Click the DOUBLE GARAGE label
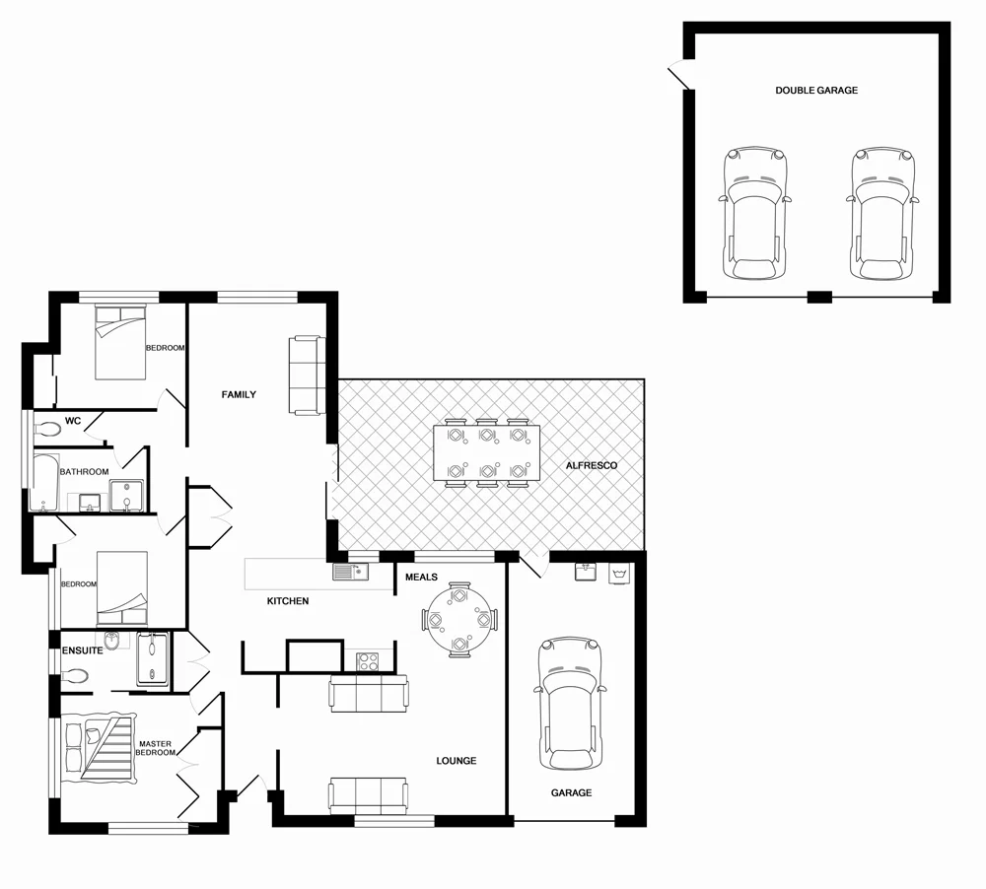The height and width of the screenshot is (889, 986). pyautogui.click(x=815, y=91)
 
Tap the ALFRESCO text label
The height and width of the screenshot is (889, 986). pyautogui.click(x=591, y=465)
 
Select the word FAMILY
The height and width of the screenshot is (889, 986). pyautogui.click(x=239, y=395)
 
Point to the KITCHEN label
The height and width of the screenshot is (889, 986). pyautogui.click(x=288, y=601)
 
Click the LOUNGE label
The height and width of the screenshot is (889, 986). pyautogui.click(x=457, y=761)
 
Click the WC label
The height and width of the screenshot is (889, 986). pyautogui.click(x=72, y=421)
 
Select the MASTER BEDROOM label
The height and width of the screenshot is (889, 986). pyautogui.click(x=156, y=748)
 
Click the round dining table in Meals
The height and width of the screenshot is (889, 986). pyautogui.click(x=459, y=620)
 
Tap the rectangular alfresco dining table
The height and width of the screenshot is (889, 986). pyautogui.click(x=486, y=454)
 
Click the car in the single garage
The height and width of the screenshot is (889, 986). pyautogui.click(x=569, y=705)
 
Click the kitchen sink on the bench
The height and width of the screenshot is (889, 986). pyautogui.click(x=350, y=572)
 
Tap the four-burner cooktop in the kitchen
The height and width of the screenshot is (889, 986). pyautogui.click(x=368, y=662)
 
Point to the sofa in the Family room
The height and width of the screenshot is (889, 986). pyautogui.click(x=306, y=375)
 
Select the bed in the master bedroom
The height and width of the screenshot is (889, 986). pyautogui.click(x=99, y=747)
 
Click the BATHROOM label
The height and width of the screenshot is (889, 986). pyautogui.click(x=84, y=472)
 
